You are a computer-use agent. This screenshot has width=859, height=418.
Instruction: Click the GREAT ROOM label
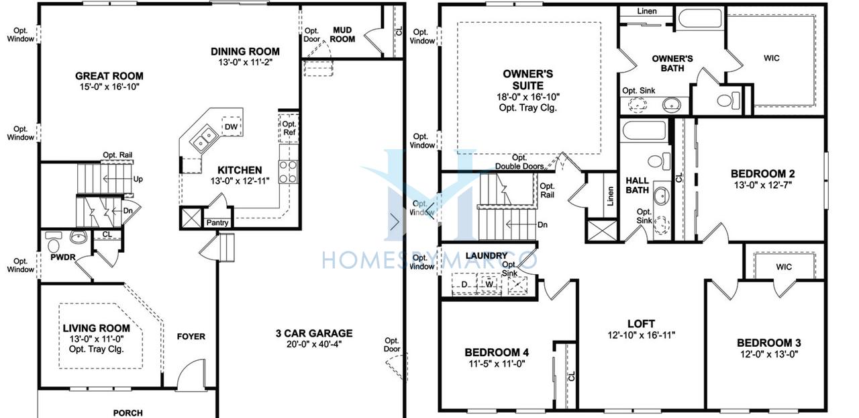(109, 76)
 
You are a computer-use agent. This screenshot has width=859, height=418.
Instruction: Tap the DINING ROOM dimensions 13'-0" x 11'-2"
(245, 62)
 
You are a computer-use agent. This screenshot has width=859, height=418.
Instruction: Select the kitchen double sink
(203, 139)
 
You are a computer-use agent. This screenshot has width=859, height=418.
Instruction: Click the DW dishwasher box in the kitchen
(232, 126)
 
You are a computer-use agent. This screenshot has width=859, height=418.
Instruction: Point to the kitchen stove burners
(289, 172)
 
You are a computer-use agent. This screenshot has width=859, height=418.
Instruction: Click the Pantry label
(217, 222)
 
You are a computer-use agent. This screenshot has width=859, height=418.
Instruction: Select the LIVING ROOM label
(97, 328)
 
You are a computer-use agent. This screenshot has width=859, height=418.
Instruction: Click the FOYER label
(191, 337)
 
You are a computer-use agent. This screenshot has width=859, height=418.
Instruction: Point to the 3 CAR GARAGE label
(314, 333)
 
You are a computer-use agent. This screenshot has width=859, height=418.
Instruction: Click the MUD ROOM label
(342, 34)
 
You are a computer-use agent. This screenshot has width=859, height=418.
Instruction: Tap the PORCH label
(128, 413)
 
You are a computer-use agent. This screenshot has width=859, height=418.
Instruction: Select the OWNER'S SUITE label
(528, 79)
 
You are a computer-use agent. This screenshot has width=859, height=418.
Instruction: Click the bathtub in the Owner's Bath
(700, 17)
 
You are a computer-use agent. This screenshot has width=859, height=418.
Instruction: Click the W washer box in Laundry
(489, 284)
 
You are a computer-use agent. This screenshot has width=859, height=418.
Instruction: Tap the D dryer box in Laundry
(464, 284)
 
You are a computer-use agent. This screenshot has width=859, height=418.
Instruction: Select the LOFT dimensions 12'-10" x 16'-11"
(641, 335)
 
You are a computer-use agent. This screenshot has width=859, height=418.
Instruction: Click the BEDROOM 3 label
(769, 343)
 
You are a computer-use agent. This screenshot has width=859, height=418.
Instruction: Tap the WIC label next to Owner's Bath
(772, 58)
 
